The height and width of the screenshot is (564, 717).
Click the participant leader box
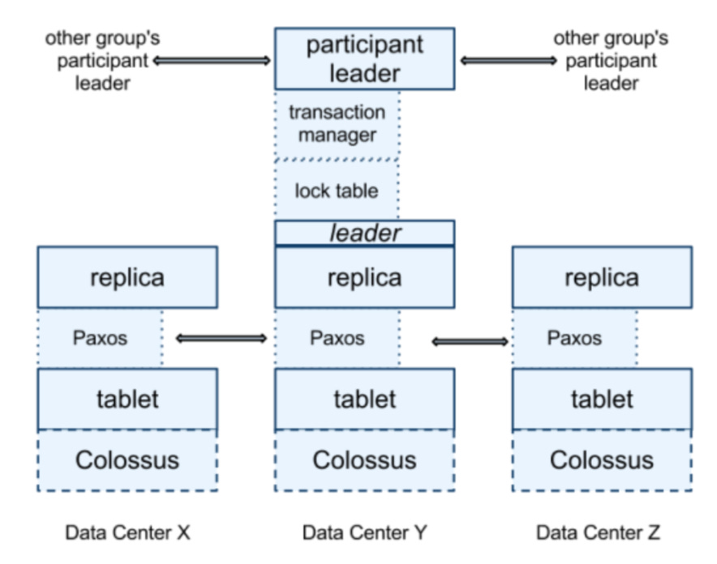364,59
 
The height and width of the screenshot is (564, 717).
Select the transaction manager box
337,123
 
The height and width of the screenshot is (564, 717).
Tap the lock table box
337,190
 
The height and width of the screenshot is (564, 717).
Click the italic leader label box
364,233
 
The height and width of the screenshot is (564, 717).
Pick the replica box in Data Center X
127,277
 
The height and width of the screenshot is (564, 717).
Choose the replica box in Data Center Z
601,277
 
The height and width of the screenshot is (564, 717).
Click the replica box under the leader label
364,277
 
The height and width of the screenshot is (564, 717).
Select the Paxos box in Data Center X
100,338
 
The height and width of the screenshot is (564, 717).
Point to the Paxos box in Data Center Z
574,338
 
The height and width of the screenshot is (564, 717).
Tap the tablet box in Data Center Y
364,399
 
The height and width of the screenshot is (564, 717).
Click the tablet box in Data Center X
127,399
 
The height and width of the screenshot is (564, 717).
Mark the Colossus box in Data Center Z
601,460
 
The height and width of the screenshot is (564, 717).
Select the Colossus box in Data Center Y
364,460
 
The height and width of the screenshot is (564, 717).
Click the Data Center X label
127,532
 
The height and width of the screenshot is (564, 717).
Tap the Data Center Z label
599,532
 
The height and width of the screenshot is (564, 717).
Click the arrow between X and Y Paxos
221,338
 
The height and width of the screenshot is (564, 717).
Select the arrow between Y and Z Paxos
470,342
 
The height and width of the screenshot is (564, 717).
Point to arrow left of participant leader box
211,60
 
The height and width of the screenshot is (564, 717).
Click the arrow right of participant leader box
509,60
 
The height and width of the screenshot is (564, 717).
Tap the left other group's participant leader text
98,60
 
